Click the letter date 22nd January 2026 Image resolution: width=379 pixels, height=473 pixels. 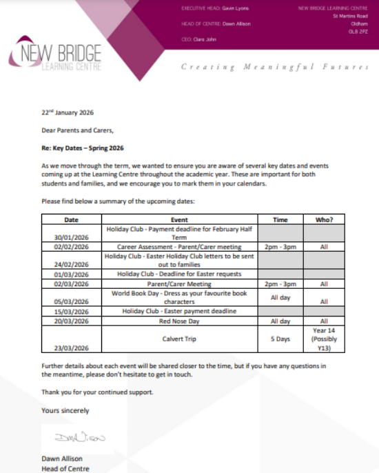point(68,112)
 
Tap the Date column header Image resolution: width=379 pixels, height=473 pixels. point(72,220)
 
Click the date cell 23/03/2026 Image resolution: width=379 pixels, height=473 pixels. point(72,349)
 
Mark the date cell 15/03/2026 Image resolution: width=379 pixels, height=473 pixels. point(72,312)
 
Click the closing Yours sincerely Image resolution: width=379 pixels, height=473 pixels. point(65,410)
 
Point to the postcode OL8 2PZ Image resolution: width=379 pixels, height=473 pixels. point(358,30)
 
